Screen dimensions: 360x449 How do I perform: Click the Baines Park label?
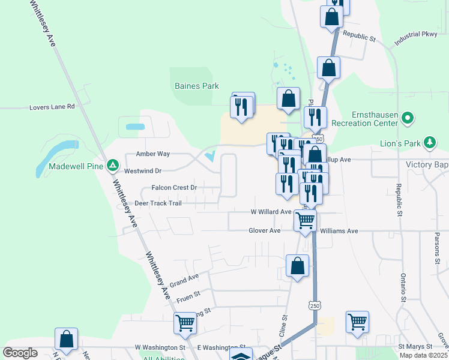click(x=196, y=86)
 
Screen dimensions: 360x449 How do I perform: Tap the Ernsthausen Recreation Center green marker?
click(x=408, y=118)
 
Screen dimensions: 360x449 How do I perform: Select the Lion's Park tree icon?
click(x=429, y=143)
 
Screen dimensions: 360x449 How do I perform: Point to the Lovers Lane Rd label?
click(x=52, y=107)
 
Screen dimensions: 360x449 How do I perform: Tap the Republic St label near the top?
click(x=359, y=37)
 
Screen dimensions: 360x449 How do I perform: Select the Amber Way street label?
click(x=153, y=154)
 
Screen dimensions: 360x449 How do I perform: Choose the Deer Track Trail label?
click(x=158, y=203)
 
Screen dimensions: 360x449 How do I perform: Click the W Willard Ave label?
click(x=271, y=212)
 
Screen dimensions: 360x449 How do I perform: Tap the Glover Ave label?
click(x=265, y=230)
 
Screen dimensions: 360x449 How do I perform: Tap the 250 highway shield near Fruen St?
click(x=315, y=305)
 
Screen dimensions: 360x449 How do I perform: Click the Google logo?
click(x=20, y=353)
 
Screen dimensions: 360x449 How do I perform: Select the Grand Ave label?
click(x=184, y=280)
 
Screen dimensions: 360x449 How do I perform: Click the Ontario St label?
click(x=403, y=287)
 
